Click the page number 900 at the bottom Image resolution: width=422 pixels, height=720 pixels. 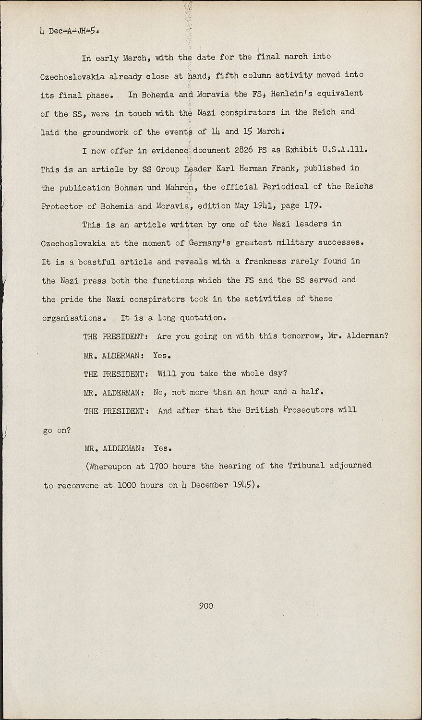coord(206,606)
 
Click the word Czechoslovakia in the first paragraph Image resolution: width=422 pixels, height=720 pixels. coord(72,77)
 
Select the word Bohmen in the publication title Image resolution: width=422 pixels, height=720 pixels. coord(129,187)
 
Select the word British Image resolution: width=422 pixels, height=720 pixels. coord(262,410)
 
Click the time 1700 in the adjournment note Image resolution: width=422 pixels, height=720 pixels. coord(158,466)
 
